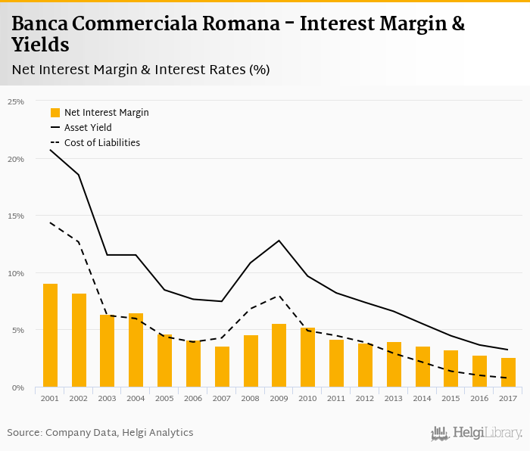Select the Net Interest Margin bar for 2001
(x=50, y=336)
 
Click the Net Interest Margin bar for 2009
(x=279, y=356)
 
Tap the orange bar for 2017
(x=508, y=373)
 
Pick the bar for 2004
(x=136, y=350)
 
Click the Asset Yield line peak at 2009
(x=279, y=241)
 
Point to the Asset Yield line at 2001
(x=51, y=150)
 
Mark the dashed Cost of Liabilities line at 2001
(x=51, y=222)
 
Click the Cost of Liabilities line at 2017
(x=508, y=378)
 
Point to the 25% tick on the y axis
(x=16, y=101)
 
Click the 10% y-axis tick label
(x=16, y=273)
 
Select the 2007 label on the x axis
(x=222, y=399)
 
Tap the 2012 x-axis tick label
(x=365, y=399)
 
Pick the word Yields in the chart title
(x=40, y=45)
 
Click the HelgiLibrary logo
(x=477, y=434)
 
